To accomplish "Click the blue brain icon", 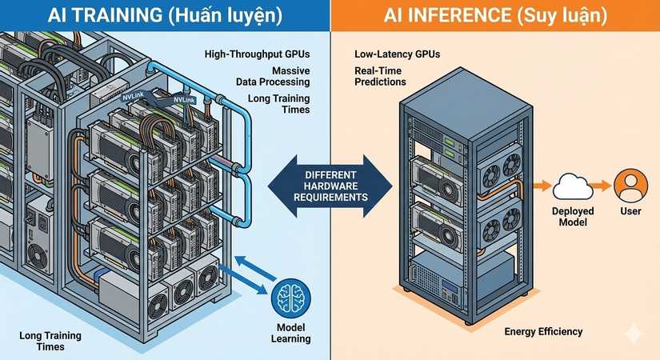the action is click(291, 298).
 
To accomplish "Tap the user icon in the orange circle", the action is click(630, 186).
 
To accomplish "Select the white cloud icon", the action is click(573, 186).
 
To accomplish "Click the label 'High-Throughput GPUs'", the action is click(257, 54).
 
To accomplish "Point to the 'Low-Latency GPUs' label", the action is click(397, 54).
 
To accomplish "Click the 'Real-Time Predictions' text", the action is click(380, 76).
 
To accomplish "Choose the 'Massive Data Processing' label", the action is click(273, 76).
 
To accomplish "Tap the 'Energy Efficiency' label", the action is click(543, 332).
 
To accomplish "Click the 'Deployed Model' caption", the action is click(573, 217).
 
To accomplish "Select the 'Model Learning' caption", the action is click(291, 333).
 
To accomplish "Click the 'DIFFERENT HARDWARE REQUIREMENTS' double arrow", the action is click(330, 186).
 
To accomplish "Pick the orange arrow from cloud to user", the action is click(602, 186).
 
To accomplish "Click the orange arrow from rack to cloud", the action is click(542, 186).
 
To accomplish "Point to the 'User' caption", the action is click(630, 211).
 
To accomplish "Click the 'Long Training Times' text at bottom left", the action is click(50, 341).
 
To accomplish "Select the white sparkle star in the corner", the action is click(634, 334).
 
